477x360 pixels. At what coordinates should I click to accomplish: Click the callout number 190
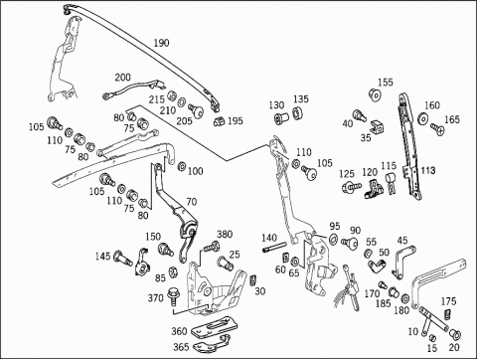(161, 43)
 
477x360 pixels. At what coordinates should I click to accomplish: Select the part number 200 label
(123, 78)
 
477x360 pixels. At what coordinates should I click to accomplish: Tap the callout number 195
(236, 121)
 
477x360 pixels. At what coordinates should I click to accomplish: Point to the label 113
(428, 171)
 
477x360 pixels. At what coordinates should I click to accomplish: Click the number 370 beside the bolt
(156, 298)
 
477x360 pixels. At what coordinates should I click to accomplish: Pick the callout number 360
(179, 331)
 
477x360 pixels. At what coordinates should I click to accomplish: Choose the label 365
(181, 347)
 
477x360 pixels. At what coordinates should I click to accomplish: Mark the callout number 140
(269, 238)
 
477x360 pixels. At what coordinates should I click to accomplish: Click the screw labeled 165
(437, 128)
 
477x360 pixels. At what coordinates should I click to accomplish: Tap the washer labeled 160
(422, 118)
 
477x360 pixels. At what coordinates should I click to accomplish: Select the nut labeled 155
(375, 94)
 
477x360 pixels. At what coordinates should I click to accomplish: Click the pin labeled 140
(274, 248)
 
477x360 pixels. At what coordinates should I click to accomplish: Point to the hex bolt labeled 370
(173, 296)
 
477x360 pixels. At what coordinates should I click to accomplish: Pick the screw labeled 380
(212, 247)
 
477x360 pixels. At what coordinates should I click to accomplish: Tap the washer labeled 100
(182, 166)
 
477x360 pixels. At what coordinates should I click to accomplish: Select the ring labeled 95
(333, 239)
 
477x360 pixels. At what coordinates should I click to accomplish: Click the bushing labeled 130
(281, 117)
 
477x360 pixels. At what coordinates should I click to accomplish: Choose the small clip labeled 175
(447, 313)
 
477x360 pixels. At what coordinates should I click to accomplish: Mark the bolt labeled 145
(122, 258)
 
